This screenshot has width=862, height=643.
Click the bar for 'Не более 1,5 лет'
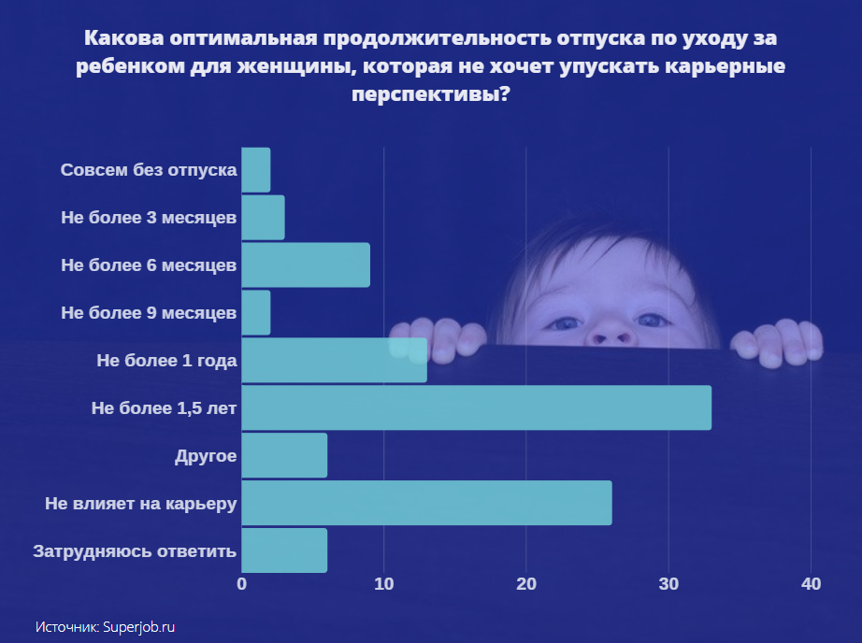pos(476,407)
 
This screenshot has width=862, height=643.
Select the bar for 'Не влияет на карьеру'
pos(426,503)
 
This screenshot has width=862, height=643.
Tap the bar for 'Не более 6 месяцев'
pos(306,264)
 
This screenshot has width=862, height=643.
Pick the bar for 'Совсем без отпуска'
pos(256,170)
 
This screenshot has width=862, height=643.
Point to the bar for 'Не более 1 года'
pos(334,360)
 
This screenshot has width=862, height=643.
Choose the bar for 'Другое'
pos(284,455)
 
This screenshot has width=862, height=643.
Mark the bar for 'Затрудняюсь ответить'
pos(284,550)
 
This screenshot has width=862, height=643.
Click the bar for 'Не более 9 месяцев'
pos(256,312)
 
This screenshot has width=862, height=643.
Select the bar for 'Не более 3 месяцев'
pos(263,218)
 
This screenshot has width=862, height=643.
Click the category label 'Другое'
pos(205,456)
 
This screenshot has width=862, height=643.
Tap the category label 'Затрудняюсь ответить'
pos(135,551)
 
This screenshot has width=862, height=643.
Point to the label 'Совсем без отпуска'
pos(149,171)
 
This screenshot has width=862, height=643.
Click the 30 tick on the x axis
pos(668,585)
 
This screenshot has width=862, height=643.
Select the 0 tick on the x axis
pos(242,585)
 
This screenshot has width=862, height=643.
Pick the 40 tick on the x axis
pos(811,585)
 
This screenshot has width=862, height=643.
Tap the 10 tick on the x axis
pos(384,585)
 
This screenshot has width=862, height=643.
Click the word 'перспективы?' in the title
pos(431,94)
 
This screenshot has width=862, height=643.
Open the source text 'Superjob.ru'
pos(139,627)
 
